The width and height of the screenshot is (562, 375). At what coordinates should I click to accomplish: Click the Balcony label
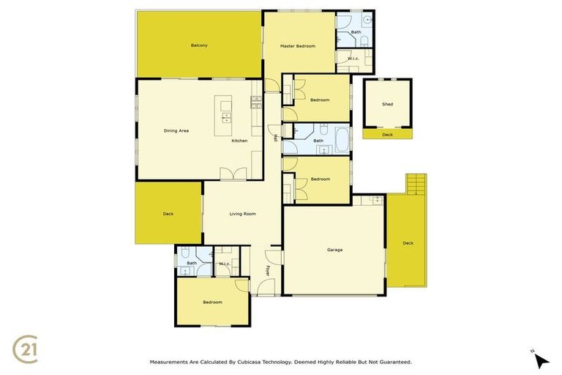tap(199, 45)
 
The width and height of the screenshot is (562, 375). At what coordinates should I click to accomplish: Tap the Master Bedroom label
tap(298, 46)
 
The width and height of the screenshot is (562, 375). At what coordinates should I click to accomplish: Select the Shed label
tap(387, 104)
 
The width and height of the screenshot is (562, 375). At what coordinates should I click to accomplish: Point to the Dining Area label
tap(176, 130)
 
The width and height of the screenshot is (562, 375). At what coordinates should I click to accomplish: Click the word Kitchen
tap(239, 141)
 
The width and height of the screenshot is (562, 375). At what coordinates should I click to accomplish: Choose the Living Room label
tap(242, 214)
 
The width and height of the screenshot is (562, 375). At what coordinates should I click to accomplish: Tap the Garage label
tap(334, 250)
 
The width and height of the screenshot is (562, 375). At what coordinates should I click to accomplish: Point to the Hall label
tap(275, 137)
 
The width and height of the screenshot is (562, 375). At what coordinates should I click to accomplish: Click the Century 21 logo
tap(26, 349)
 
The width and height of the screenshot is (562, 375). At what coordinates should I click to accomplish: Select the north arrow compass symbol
tap(540, 360)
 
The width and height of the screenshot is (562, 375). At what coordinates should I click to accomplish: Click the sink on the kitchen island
tap(226, 117)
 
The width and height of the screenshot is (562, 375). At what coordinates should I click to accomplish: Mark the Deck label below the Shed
tap(387, 134)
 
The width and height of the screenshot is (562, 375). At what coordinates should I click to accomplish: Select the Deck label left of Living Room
tap(168, 214)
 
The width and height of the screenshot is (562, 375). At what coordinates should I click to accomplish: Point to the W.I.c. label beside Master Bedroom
tap(353, 58)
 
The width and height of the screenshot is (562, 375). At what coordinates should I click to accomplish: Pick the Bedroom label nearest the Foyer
tap(212, 302)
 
